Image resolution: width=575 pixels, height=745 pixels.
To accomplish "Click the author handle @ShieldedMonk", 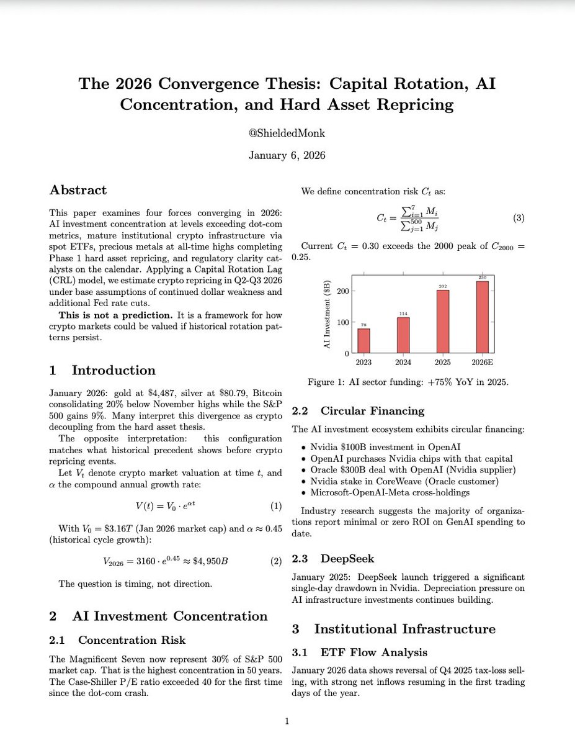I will [287, 133].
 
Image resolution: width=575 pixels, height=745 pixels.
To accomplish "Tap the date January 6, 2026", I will [287, 156].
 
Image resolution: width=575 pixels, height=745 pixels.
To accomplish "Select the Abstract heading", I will [78, 190].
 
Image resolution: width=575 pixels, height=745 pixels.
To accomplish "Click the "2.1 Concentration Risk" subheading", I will [118, 640].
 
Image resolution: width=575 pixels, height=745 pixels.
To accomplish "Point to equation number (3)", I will [519, 218].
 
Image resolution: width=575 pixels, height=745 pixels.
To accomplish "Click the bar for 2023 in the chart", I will [363, 341].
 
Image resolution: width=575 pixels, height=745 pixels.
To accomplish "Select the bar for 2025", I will [443, 322].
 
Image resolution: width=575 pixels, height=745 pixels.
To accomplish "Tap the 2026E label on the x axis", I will [482, 362].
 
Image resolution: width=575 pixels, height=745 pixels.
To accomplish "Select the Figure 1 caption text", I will [408, 382].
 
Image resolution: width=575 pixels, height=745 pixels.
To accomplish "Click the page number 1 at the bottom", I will [287, 721].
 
